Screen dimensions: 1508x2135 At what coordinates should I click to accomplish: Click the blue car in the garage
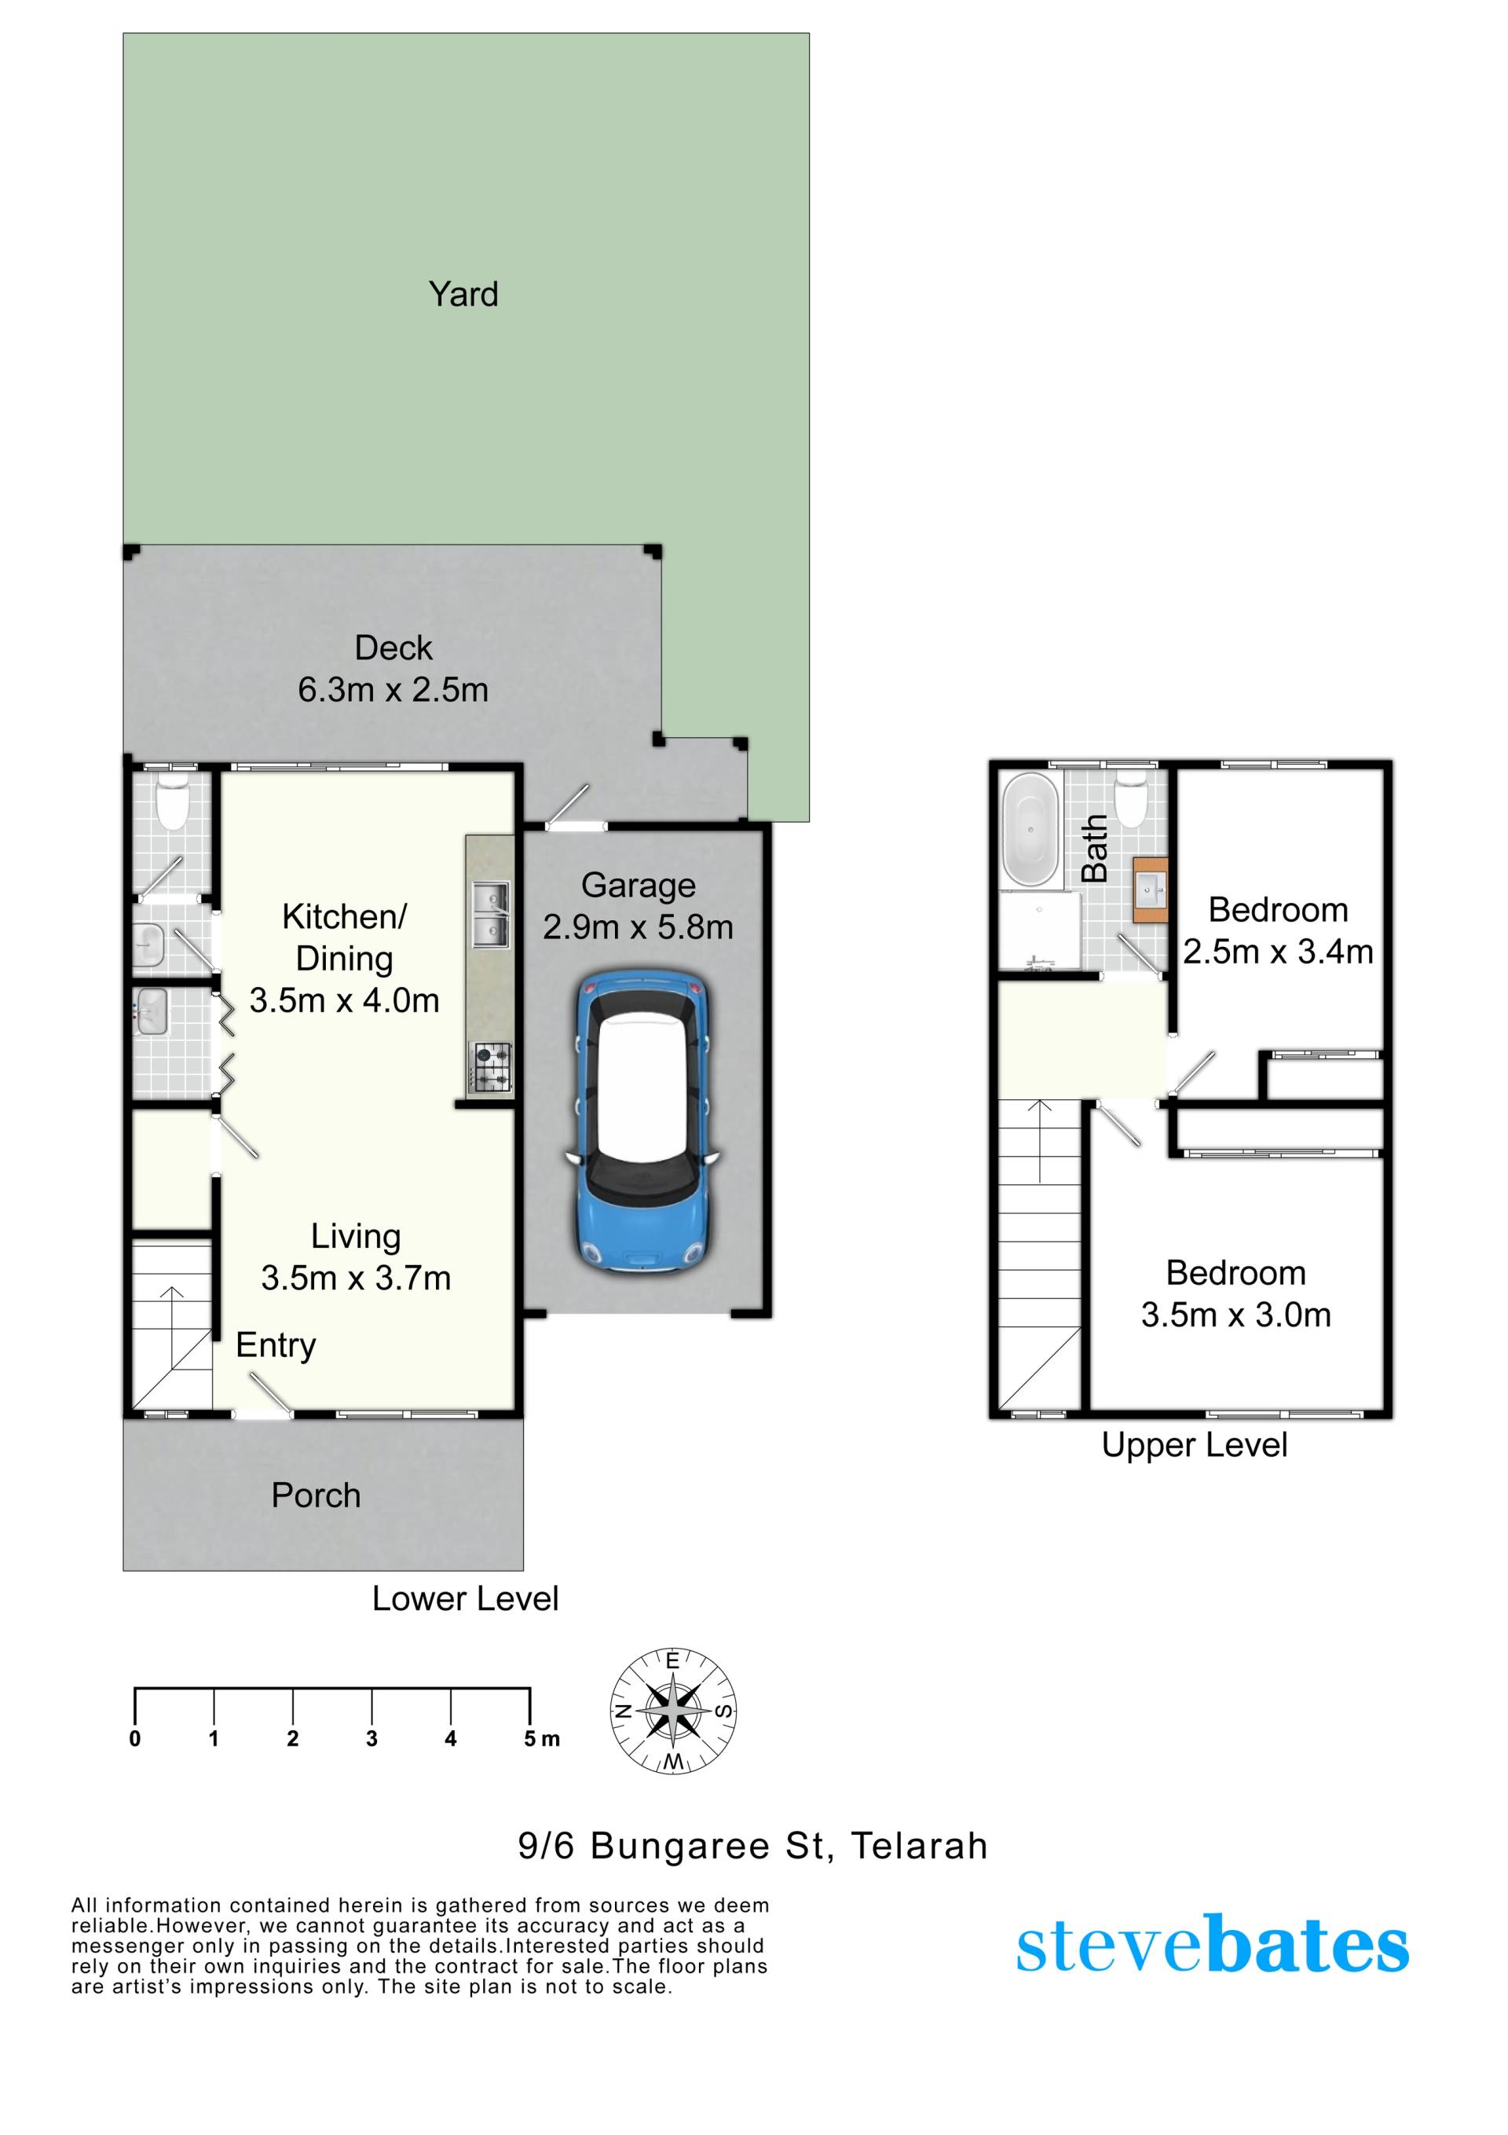[642, 1122]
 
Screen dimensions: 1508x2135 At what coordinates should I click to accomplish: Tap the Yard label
[463, 294]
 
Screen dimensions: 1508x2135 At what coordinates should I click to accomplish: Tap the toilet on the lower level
[173, 802]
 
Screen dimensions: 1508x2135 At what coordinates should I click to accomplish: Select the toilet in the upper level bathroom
[1130, 799]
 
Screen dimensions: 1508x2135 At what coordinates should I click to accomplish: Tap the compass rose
[673, 1711]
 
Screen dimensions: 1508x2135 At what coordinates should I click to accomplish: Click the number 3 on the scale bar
[371, 1739]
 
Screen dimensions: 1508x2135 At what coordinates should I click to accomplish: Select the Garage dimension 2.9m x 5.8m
[638, 927]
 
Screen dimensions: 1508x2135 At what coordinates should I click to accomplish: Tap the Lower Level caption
[465, 1598]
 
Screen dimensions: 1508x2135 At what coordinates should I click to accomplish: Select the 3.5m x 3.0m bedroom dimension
[1235, 1315]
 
